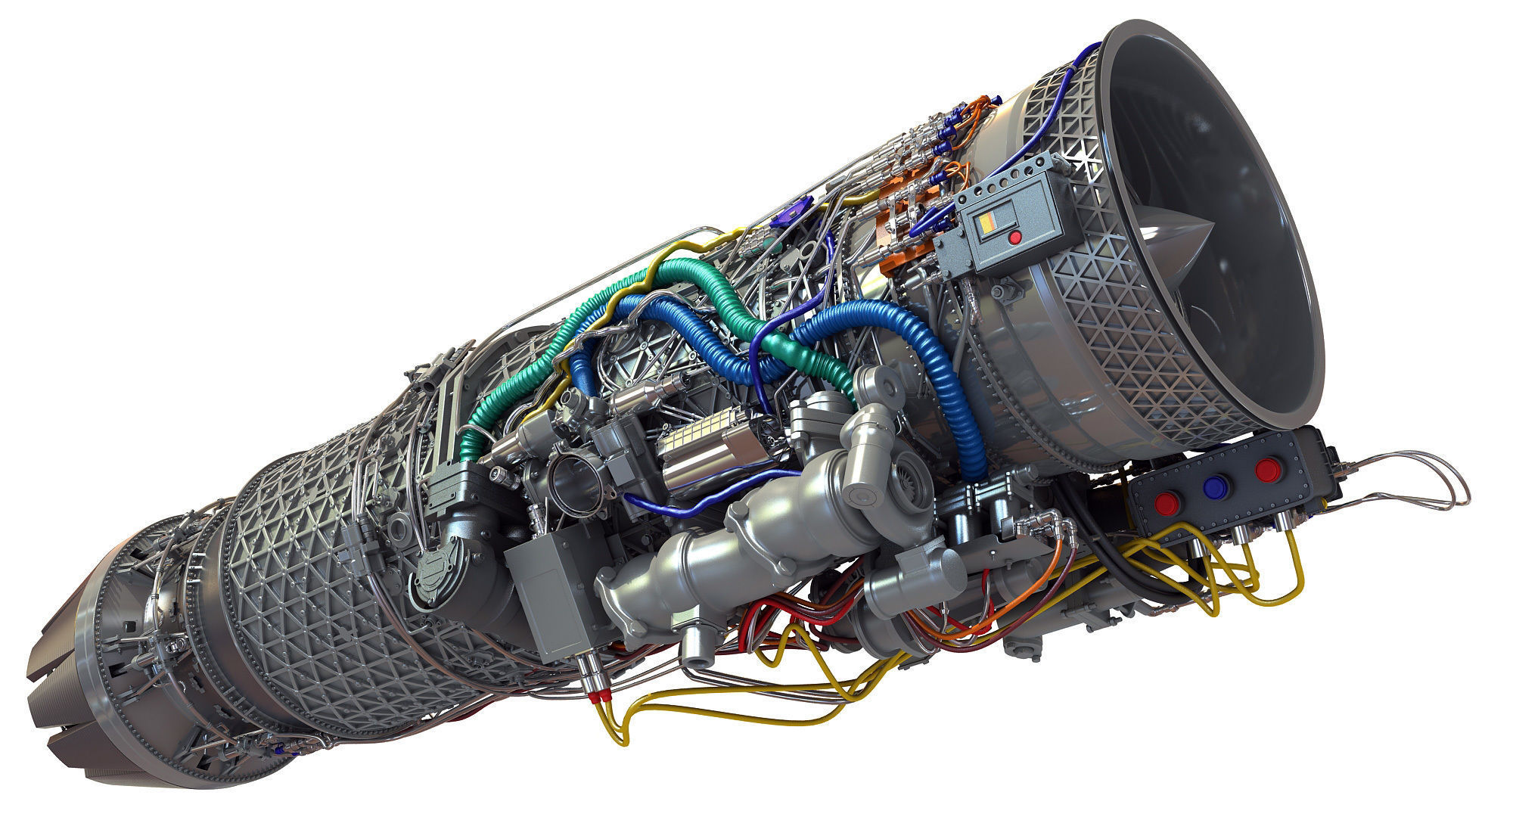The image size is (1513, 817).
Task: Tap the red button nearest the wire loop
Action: click(1267, 470)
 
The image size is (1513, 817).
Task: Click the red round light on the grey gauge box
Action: click(1015, 238)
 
